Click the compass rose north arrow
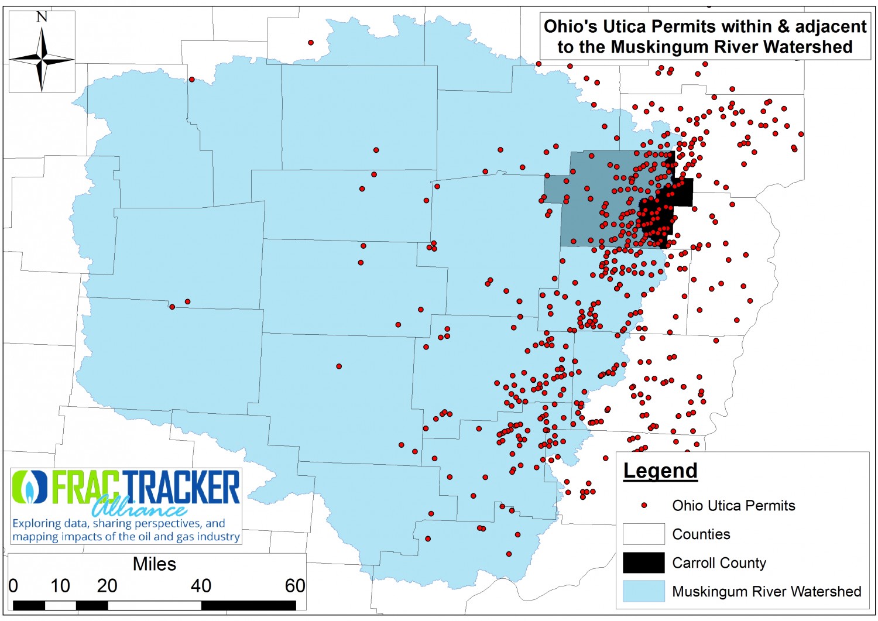point(42,59)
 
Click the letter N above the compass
point(42,17)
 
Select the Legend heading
point(660,471)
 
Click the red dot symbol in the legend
point(644,505)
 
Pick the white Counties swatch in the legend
point(643,534)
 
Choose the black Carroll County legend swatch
point(643,562)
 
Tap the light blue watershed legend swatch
point(643,591)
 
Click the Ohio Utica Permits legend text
point(733,506)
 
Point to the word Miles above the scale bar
point(155,564)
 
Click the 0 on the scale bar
point(13,586)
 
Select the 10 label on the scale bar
point(60,586)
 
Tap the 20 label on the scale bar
point(107,586)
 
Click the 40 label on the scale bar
point(201,586)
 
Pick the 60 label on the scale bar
point(295,586)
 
